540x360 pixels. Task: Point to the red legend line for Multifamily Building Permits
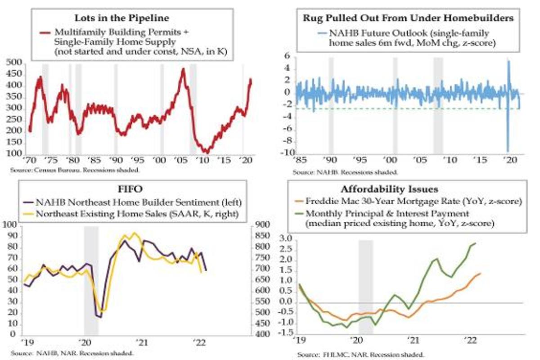45,33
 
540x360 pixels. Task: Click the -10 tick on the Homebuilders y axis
283,152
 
